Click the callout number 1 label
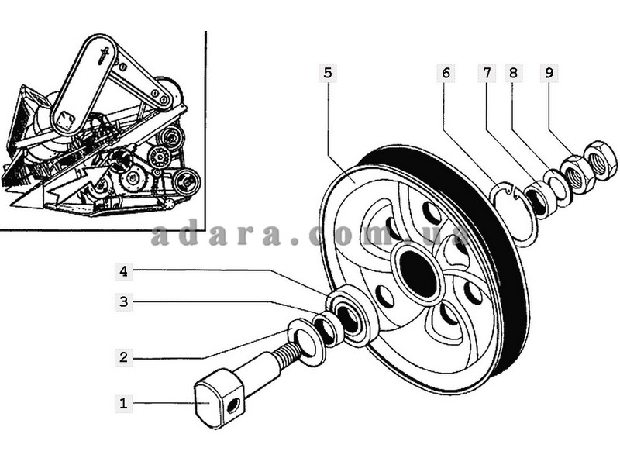[122, 403]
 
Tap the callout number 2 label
[122, 357]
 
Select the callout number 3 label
[122, 301]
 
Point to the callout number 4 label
[122, 271]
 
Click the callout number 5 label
[327, 74]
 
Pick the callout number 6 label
[446, 74]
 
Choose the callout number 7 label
[487, 74]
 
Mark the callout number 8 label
[512, 74]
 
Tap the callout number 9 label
[549, 74]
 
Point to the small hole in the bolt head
[233, 404]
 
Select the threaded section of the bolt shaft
[285, 355]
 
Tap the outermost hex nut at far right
[600, 160]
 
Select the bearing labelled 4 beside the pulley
[353, 314]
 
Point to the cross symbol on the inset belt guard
[104, 56]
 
